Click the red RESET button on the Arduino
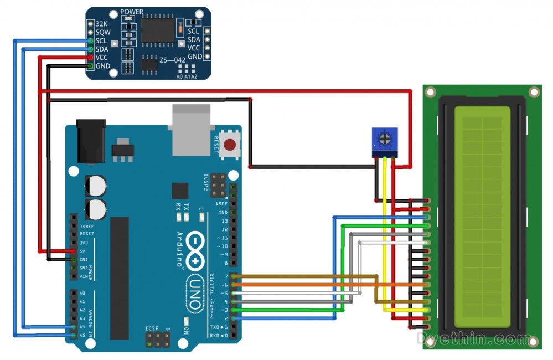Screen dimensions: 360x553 tap(231, 146)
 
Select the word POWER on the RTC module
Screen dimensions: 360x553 tap(132, 12)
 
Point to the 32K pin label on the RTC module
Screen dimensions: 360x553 tap(101, 24)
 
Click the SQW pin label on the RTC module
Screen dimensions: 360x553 tap(101, 33)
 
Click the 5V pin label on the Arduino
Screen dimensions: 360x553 tap(82, 251)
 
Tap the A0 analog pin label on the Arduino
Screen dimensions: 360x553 tap(82, 293)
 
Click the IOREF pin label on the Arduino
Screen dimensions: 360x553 tap(86, 226)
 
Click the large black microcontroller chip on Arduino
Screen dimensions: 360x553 tap(119, 277)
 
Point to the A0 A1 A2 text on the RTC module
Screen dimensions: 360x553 tap(187, 76)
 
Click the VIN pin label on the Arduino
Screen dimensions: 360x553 tap(83, 276)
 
